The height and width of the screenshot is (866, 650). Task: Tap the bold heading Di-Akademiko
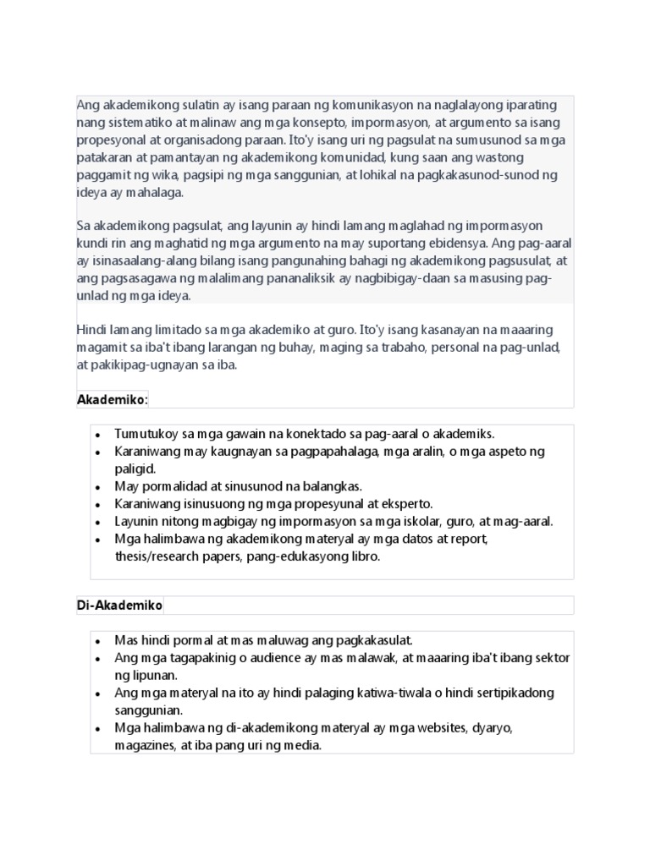click(x=119, y=606)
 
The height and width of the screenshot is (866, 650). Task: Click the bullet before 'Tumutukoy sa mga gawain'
click(x=98, y=435)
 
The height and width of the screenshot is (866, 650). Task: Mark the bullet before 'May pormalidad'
click(x=98, y=487)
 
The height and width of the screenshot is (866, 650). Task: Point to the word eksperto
click(x=408, y=504)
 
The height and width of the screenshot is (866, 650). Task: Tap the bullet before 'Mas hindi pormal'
click(x=98, y=641)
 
